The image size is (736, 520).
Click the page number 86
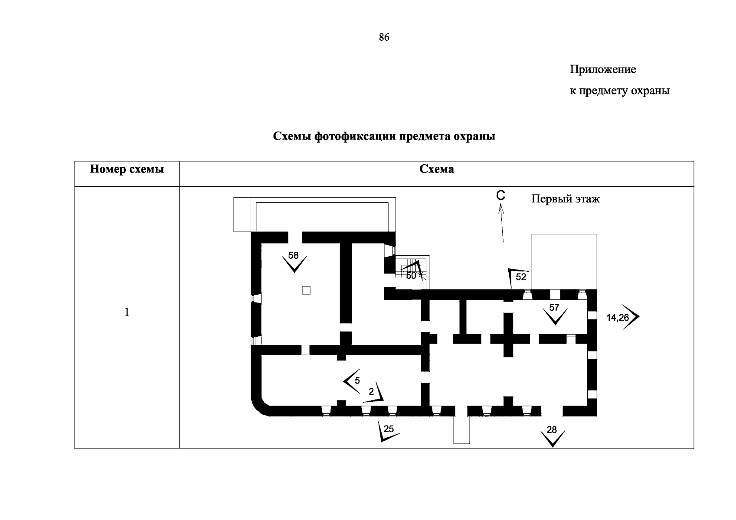[384, 38]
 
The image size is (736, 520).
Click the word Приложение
[602, 69]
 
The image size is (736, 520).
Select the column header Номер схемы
[127, 169]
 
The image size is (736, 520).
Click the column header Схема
[436, 169]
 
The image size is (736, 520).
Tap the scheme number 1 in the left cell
[127, 312]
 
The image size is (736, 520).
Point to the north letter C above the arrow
[500, 196]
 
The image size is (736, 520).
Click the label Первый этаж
[566, 199]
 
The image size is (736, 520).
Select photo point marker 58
[294, 256]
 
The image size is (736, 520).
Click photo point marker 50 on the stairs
[411, 276]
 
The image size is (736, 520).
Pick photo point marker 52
[521, 277]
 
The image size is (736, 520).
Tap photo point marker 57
[554, 308]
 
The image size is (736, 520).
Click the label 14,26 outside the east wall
[617, 318]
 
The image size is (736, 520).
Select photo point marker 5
[357, 381]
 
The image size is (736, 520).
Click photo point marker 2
[371, 392]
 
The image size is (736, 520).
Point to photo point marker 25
[389, 429]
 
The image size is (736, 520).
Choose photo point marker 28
[552, 430]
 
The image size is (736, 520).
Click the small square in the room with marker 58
[306, 290]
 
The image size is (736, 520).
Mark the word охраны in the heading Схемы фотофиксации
[474, 136]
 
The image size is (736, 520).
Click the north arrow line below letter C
[502, 225]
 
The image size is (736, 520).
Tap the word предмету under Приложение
[602, 91]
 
